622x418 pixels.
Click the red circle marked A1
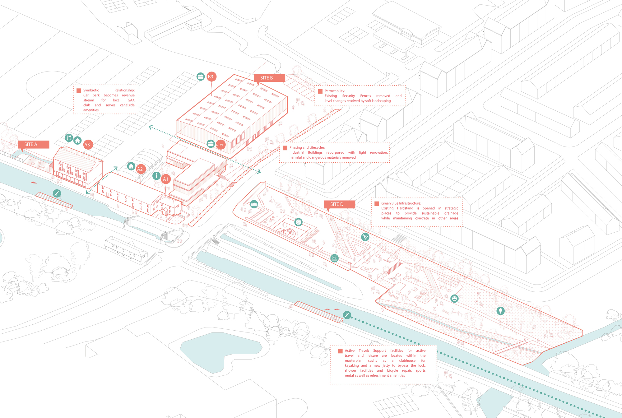tap(165, 179)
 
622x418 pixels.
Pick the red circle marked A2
tap(140, 169)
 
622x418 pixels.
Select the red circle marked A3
tap(87, 145)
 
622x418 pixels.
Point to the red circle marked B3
tap(211, 77)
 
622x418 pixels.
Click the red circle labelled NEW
tap(220, 145)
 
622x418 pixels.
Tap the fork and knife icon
tap(69, 137)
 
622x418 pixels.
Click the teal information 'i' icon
tap(156, 176)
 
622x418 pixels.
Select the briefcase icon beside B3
tap(201, 76)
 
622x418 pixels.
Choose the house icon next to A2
tap(131, 166)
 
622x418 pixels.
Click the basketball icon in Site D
tap(298, 222)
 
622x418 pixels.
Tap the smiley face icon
tap(454, 299)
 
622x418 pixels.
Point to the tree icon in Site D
tap(500, 310)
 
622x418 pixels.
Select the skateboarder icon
tap(365, 237)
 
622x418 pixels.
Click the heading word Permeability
tap(335, 91)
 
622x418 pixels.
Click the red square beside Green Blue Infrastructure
tap(377, 204)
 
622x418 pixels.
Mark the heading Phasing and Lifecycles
tap(307, 147)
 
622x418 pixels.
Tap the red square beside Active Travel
tap(340, 351)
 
